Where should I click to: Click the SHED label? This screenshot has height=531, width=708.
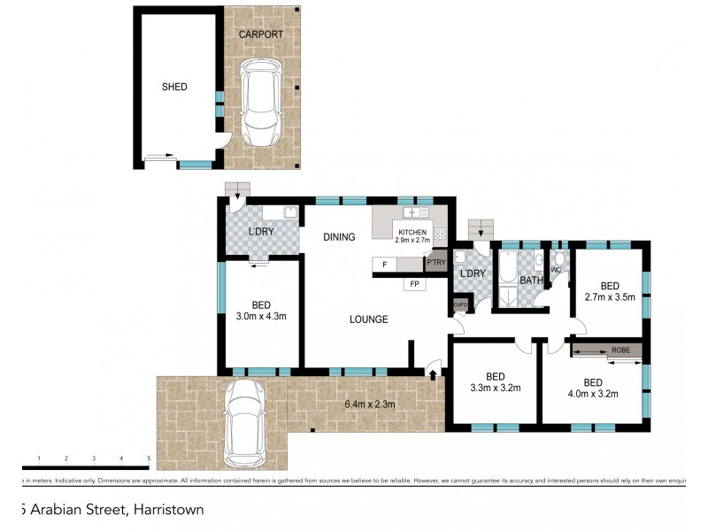(x=173, y=87)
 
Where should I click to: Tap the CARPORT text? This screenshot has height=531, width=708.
(x=261, y=35)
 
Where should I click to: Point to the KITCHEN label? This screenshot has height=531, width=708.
(x=412, y=231)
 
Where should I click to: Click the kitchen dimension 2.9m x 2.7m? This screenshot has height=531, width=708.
(x=412, y=240)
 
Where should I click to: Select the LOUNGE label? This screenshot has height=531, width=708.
(x=367, y=319)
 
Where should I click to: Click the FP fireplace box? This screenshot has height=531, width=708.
(x=414, y=284)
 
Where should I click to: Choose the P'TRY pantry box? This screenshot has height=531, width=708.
(x=436, y=263)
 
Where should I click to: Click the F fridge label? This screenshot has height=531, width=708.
(x=384, y=264)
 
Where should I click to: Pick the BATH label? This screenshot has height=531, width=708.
(x=530, y=281)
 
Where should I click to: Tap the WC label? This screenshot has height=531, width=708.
(x=557, y=269)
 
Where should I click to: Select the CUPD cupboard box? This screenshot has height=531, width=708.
(x=460, y=304)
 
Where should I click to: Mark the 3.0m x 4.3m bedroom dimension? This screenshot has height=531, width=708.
(x=261, y=316)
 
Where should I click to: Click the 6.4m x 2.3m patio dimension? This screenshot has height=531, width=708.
(x=370, y=405)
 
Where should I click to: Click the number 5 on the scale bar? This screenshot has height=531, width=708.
(x=149, y=458)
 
